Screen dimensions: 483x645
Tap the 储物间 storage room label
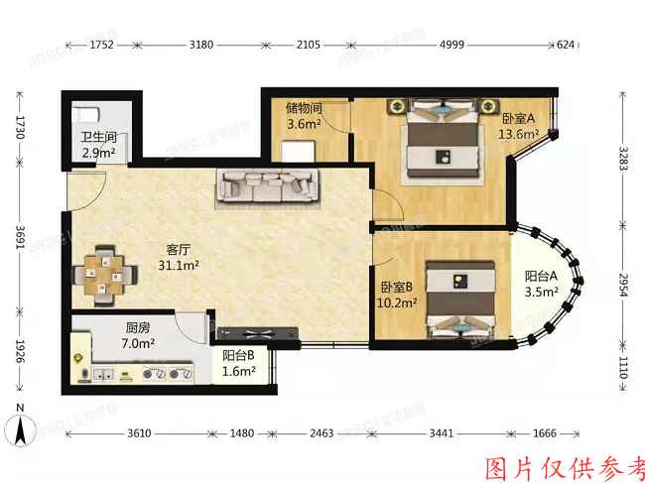303,108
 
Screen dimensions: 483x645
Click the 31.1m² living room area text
180,266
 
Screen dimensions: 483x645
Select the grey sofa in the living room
269,185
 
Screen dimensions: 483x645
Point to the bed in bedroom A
444,145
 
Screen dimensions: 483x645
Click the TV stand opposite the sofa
253,332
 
